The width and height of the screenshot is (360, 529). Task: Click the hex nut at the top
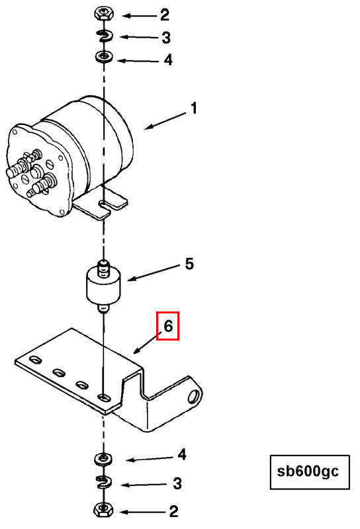pyautogui.click(x=104, y=14)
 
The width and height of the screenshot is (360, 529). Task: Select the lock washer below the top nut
pyautogui.click(x=105, y=36)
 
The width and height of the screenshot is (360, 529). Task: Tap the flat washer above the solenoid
pyautogui.click(x=104, y=56)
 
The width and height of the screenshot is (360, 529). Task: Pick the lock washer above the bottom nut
pyautogui.click(x=103, y=483)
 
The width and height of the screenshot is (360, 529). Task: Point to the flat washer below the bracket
pyautogui.click(x=104, y=459)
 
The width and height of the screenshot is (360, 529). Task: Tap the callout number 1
pyautogui.click(x=194, y=108)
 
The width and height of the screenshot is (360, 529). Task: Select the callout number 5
pyautogui.click(x=189, y=264)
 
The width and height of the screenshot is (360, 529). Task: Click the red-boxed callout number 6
pyautogui.click(x=168, y=326)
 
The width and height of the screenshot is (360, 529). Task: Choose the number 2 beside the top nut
pyautogui.click(x=165, y=15)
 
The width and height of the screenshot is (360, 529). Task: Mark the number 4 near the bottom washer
pyautogui.click(x=182, y=454)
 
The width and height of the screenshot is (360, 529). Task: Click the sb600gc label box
pyautogui.click(x=310, y=472)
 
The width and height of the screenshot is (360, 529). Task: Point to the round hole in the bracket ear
pyautogui.click(x=194, y=395)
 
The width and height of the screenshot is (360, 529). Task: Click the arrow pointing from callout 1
pyautogui.click(x=165, y=120)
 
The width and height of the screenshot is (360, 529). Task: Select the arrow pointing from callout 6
pyautogui.click(x=147, y=343)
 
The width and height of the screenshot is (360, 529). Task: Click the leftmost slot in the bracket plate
pyautogui.click(x=35, y=360)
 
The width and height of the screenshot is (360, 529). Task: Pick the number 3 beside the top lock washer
pyautogui.click(x=166, y=38)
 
